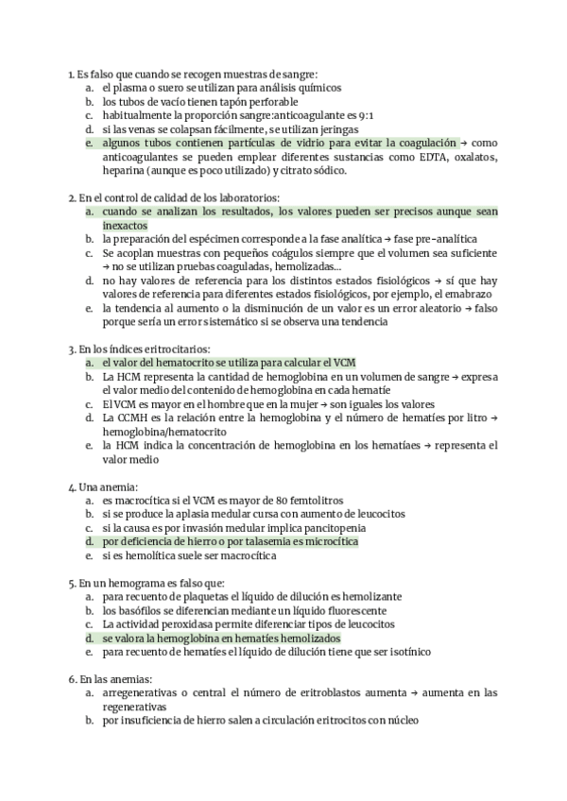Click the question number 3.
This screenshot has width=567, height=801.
click(72, 349)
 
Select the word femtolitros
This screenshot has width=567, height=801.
click(314, 500)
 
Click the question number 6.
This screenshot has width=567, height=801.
click(72, 679)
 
